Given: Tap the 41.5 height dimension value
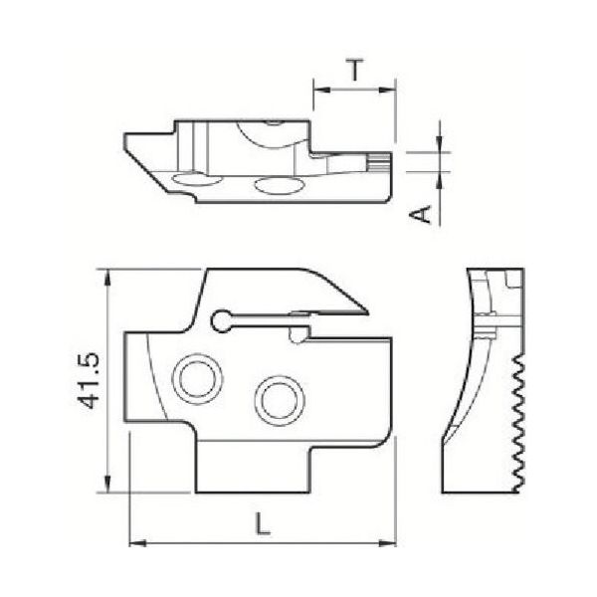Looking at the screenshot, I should (x=91, y=380).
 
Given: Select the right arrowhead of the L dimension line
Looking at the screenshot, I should (x=390, y=543).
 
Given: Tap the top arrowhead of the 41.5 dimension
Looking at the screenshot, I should (x=106, y=275).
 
